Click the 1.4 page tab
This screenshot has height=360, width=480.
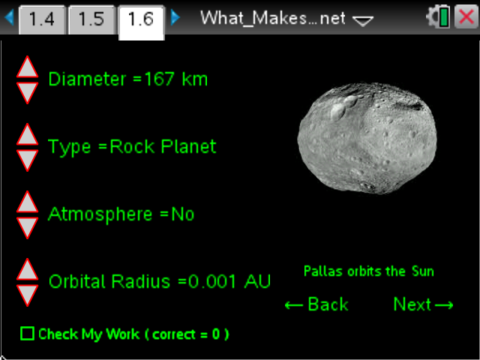(41, 19)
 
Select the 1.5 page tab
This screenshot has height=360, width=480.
(91, 19)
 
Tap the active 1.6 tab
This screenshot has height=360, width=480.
(141, 19)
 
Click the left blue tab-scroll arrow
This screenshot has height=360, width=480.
(10, 17)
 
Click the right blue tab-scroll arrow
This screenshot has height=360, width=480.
(175, 17)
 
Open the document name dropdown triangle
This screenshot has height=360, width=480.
(363, 22)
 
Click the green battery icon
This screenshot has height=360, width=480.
(444, 18)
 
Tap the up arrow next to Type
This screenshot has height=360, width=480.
(27, 135)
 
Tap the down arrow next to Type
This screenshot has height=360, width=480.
(27, 159)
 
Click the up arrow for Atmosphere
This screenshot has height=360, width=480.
(27, 202)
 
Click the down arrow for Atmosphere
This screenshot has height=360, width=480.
(27, 226)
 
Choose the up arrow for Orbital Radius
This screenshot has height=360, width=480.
(27, 270)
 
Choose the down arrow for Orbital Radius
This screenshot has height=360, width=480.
(27, 294)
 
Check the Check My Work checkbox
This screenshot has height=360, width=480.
(27, 334)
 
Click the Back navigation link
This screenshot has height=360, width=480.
(316, 304)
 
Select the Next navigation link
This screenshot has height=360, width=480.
(423, 304)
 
